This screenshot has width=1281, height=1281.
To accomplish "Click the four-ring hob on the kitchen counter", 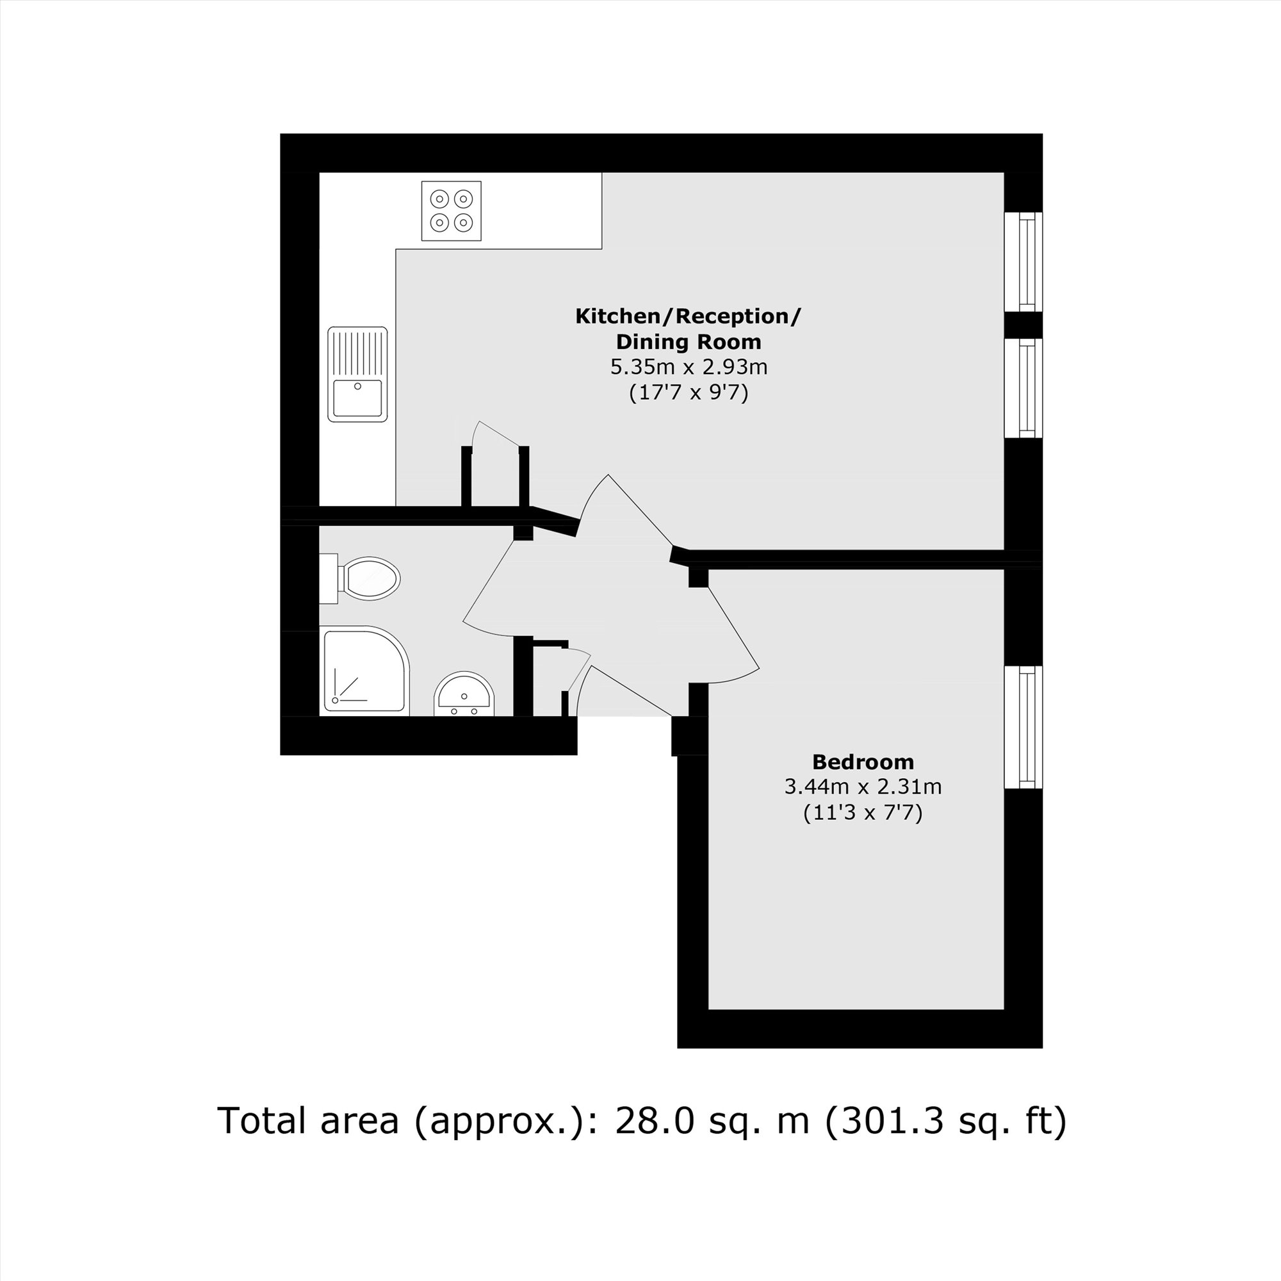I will pos(451,210).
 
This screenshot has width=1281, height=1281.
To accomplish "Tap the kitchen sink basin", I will pos(357,397).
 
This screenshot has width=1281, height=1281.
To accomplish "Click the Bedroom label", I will pos(863,762).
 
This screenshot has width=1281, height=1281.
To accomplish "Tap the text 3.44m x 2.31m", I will pos(863,787).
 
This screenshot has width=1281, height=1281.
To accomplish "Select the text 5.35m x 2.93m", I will pos(689,366).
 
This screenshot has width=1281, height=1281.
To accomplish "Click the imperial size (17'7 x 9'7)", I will pos(689,393).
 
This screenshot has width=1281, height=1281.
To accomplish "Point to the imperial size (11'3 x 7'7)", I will pos(863,813).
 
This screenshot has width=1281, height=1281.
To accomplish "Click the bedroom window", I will pos(1024,728).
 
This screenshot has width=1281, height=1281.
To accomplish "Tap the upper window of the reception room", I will pos(1024,261).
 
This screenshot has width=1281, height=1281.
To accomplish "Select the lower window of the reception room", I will pos(1024,388).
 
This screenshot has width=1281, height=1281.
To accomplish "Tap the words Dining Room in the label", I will pos(689,342).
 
